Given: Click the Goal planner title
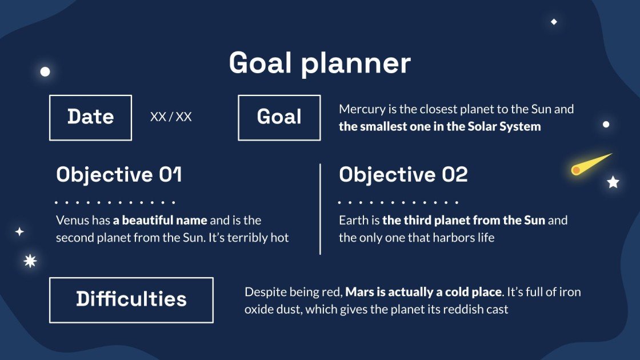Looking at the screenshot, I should tap(319, 63).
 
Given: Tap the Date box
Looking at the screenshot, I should tap(90, 117).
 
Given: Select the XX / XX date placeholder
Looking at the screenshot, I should tap(171, 117).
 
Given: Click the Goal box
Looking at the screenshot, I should tap(279, 117).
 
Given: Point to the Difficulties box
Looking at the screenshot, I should tap(131, 299).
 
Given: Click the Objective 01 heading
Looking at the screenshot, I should tap(119, 174).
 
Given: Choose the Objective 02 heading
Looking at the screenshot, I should tap(403, 174).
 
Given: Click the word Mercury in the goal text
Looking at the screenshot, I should tap(360, 109).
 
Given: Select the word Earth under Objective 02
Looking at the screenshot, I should tap(351, 220).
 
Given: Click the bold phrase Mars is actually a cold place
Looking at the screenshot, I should tap(423, 292).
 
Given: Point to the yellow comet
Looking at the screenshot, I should tap(589, 165).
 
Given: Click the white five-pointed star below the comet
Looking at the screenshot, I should tap(613, 182).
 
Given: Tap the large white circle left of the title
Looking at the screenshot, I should tap(45, 71).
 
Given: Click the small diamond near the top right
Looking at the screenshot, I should tap(554, 22).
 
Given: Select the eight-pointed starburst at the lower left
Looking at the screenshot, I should tap(30, 261).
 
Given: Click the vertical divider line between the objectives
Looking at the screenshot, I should tap(320, 209).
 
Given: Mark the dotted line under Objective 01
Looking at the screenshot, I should tap(114, 202).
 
